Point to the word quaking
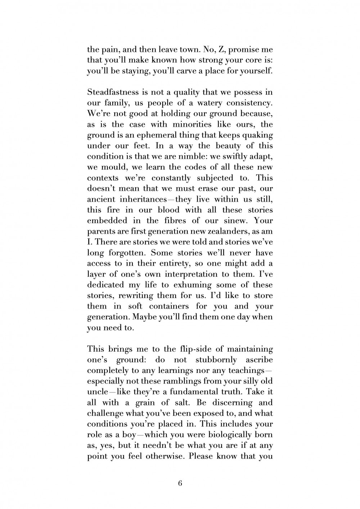(257, 135)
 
